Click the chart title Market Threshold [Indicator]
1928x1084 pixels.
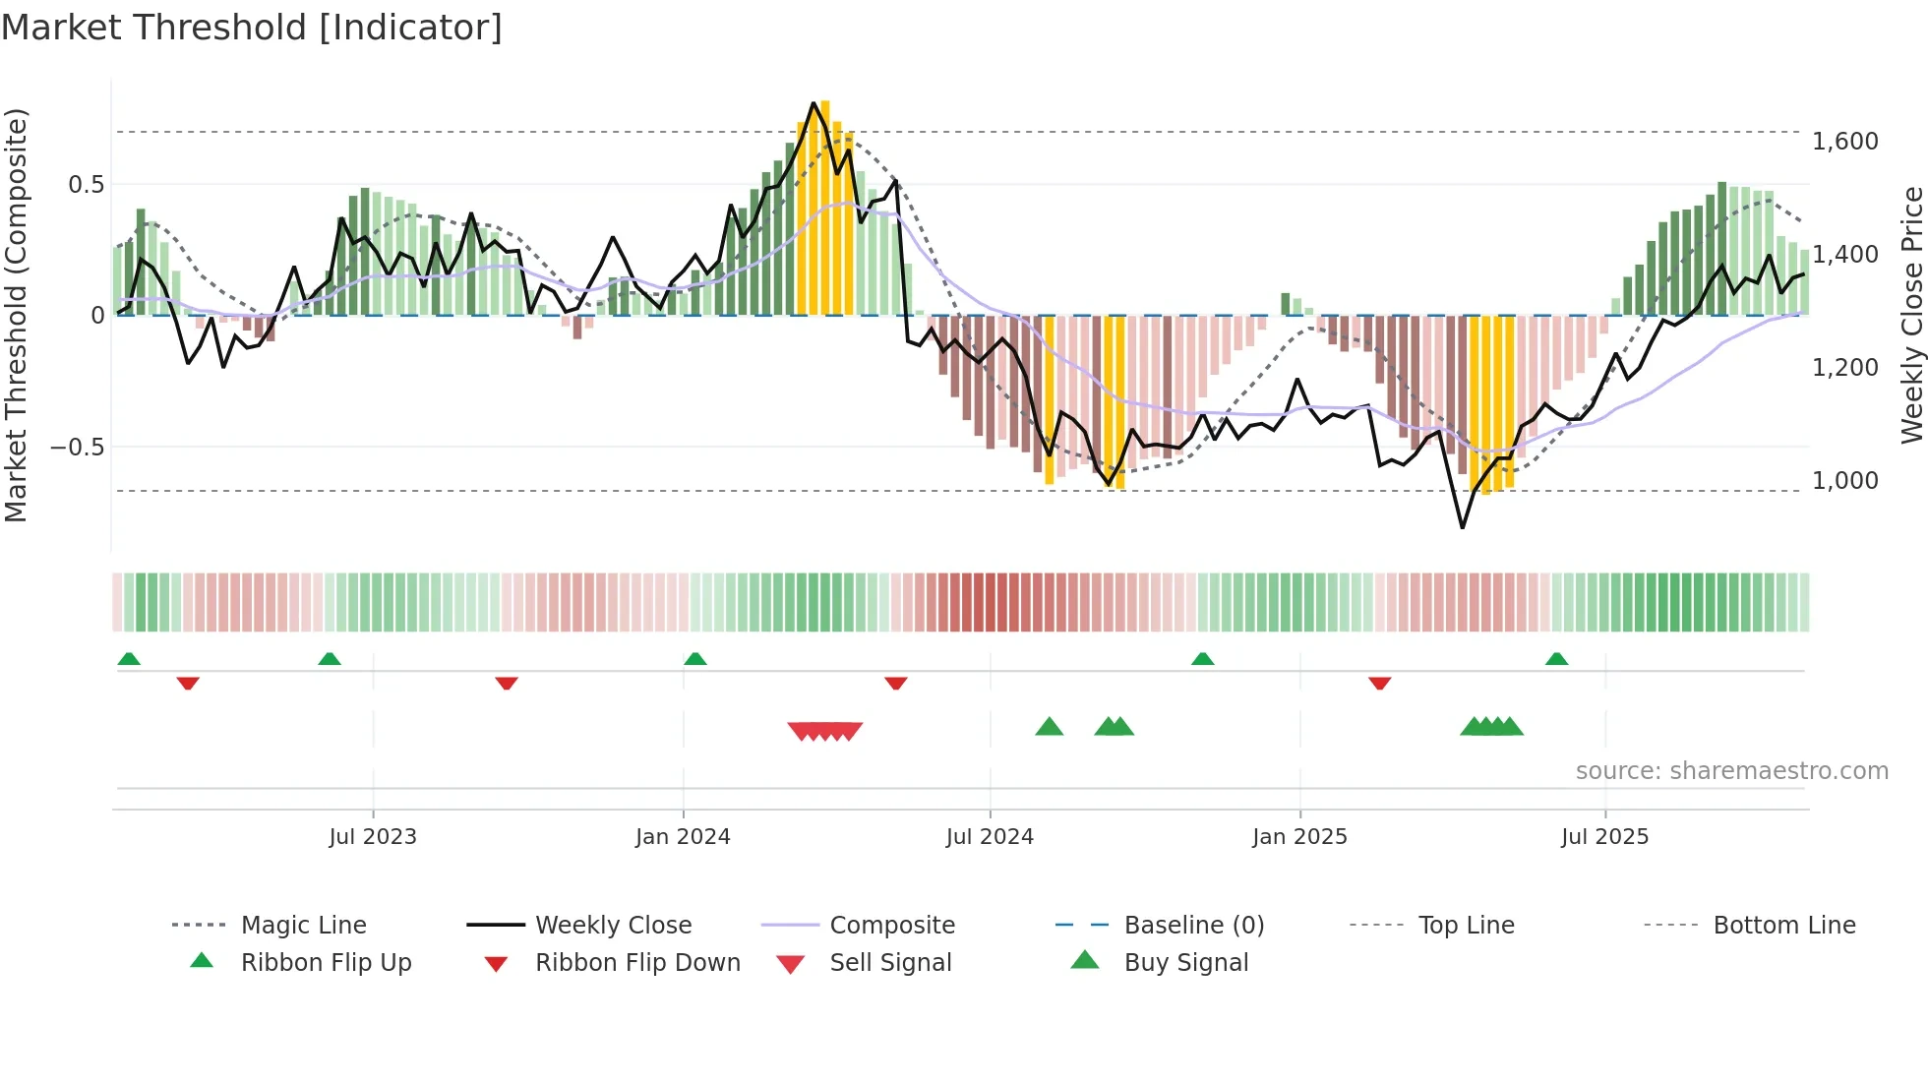tap(252, 28)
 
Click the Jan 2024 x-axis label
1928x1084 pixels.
tap(683, 837)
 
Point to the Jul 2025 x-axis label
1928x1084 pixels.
tap(1604, 837)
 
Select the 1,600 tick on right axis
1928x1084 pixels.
tap(1844, 142)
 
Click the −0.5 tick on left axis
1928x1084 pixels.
tap(77, 448)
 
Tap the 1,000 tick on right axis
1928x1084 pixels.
tap(1844, 481)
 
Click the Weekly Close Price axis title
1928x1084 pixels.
tap(1911, 315)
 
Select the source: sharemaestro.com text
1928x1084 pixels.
tap(1731, 771)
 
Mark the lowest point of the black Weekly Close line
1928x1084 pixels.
tap(1463, 528)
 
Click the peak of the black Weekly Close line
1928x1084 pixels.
tap(813, 102)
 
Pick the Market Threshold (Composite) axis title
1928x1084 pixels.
tap(16, 315)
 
